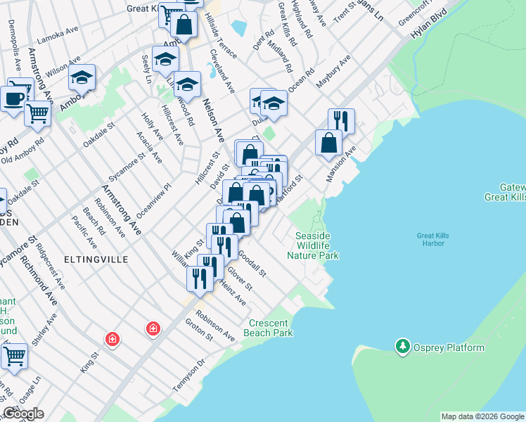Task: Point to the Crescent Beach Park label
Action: (269, 328)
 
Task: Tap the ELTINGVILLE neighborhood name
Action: (98, 260)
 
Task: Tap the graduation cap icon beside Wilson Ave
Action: (82, 77)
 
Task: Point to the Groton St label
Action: (199, 332)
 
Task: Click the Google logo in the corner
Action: (23, 413)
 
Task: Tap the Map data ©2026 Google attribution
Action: (482, 416)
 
